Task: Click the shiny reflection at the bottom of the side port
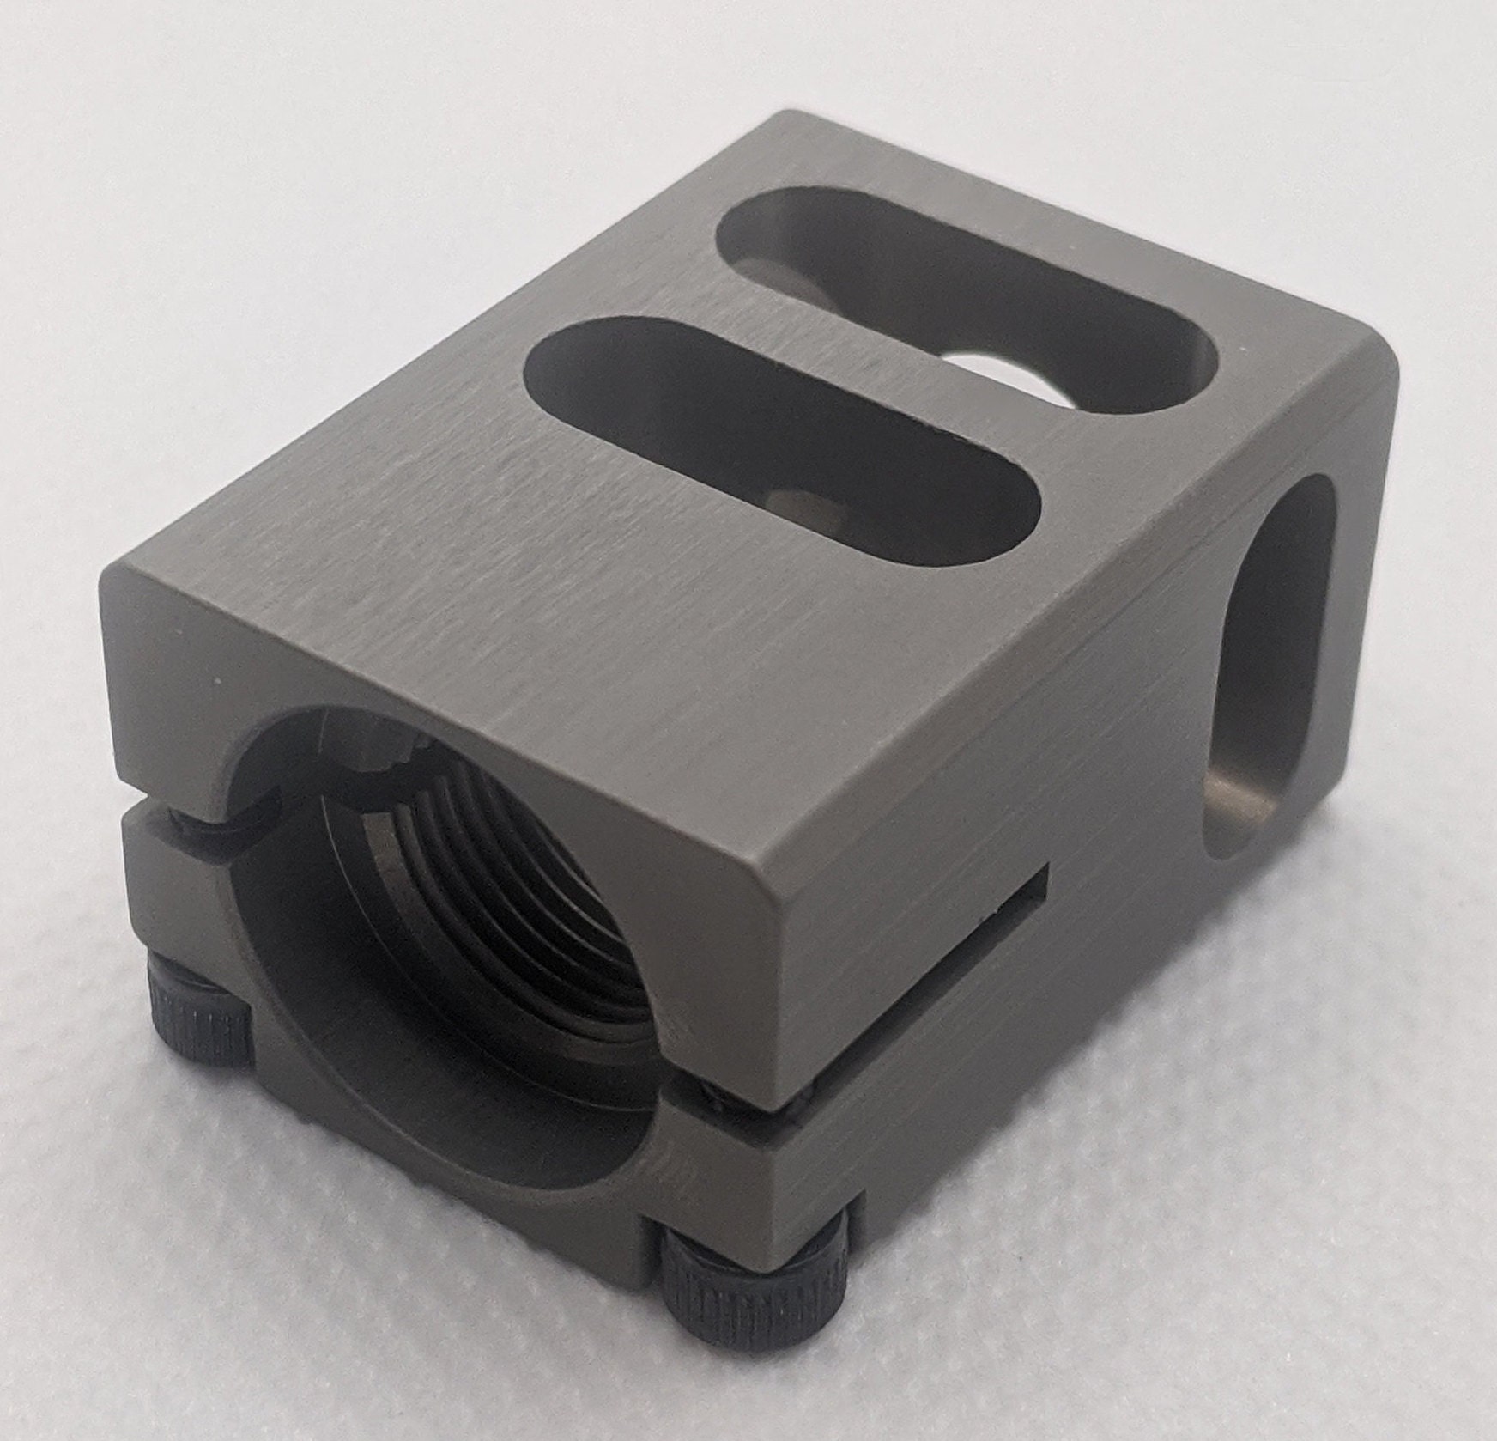[x=1236, y=803]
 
